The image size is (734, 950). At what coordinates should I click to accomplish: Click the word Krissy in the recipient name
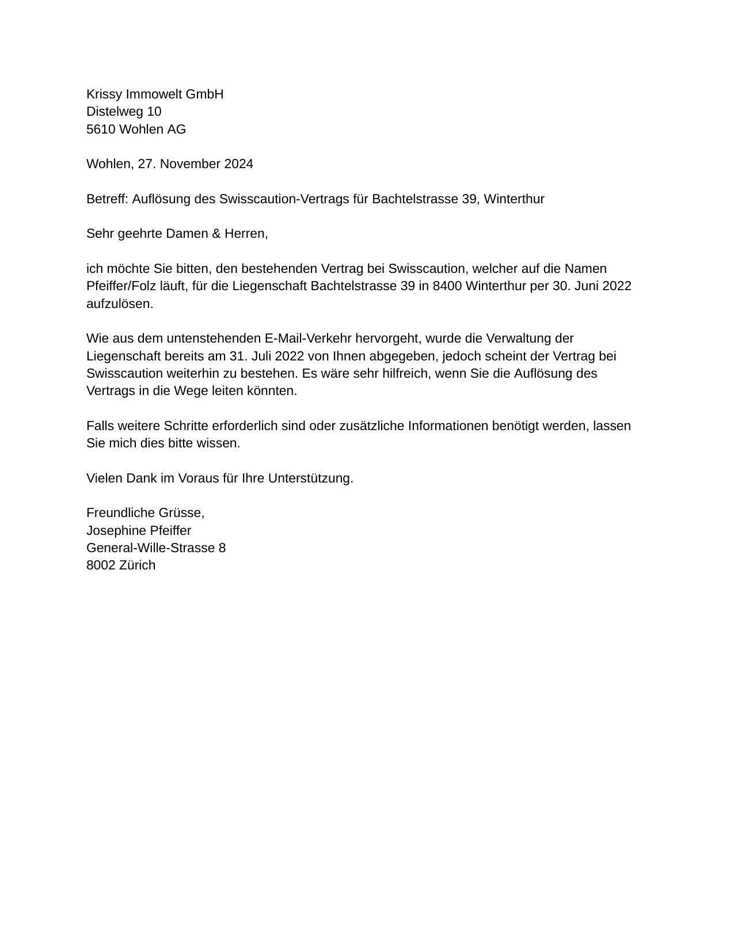pos(104,94)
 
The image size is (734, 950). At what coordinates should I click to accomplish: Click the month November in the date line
pos(191,164)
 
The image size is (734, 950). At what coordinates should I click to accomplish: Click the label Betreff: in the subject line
pos(107,199)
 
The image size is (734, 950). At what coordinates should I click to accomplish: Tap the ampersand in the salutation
pos(216,234)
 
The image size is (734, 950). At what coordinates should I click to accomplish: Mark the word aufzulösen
pos(120,304)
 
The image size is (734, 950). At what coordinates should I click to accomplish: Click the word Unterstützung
pos(310,478)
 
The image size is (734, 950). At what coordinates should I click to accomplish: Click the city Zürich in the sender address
pos(137,565)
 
